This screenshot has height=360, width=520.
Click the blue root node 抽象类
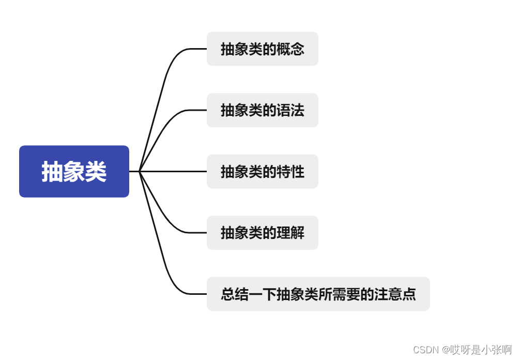74,171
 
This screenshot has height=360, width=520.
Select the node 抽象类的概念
262,49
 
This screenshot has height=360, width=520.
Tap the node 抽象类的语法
262,110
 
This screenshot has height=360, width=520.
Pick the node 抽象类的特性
262,171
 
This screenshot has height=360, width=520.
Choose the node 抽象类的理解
262,233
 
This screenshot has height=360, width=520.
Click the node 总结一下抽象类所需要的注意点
318,294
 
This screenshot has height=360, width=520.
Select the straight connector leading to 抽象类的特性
173,171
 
